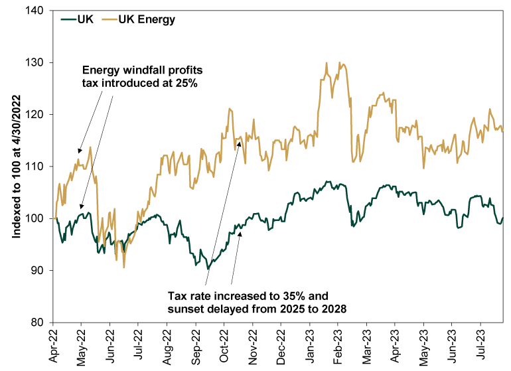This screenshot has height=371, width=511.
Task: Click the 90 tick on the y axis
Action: click(38, 270)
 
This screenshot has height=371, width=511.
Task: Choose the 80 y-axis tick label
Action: click(38, 323)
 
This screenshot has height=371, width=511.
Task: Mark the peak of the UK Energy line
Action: click(327, 63)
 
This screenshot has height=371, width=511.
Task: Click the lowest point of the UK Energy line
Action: click(123, 267)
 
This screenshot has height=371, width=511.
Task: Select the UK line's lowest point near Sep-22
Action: click(208, 269)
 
